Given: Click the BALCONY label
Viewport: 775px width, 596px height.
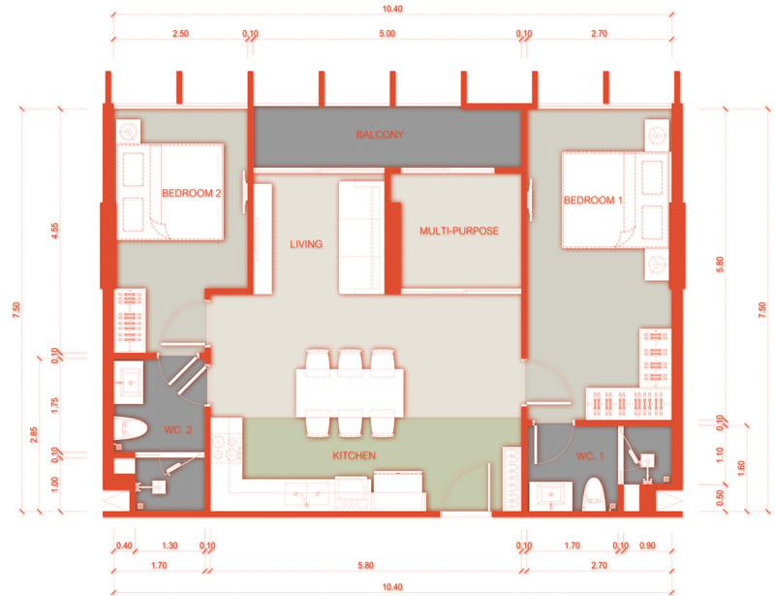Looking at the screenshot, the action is pyautogui.click(x=380, y=134).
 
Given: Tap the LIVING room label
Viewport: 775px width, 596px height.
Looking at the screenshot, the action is pyautogui.click(x=306, y=244).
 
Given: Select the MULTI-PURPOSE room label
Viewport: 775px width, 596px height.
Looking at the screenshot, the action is pyautogui.click(x=458, y=231).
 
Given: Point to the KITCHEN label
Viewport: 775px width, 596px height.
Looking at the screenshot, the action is pyautogui.click(x=354, y=455).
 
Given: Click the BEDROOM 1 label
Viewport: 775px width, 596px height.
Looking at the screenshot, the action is pyautogui.click(x=593, y=200).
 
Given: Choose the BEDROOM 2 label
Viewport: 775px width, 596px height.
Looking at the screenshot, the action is pyautogui.click(x=191, y=193).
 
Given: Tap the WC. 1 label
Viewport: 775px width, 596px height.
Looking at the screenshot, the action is pyautogui.click(x=590, y=455).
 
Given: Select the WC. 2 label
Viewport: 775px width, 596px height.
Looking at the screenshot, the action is pyautogui.click(x=178, y=429).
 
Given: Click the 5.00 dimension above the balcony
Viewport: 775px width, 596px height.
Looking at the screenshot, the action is pyautogui.click(x=387, y=34).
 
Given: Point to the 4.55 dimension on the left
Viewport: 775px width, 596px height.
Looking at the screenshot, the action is pyautogui.click(x=54, y=231).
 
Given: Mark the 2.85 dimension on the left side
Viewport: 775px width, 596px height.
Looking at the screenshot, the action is pyautogui.click(x=34, y=435).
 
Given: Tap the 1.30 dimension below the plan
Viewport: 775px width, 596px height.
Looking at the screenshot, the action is pyautogui.click(x=170, y=545).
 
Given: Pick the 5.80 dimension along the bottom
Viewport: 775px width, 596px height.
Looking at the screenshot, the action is pyautogui.click(x=366, y=565).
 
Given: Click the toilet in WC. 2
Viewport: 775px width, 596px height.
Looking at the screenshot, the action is pyautogui.click(x=131, y=428).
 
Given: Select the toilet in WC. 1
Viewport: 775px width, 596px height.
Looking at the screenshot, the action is pyautogui.click(x=594, y=494).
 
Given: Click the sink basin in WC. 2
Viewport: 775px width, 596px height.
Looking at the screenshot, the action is pyautogui.click(x=130, y=383).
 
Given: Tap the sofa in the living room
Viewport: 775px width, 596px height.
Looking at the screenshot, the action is pyautogui.click(x=361, y=237).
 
